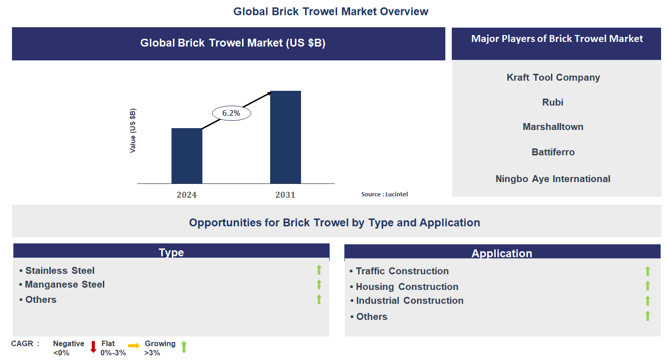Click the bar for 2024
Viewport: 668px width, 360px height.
[187, 156]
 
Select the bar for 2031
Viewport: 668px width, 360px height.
[285, 137]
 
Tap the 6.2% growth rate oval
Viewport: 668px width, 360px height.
[231, 113]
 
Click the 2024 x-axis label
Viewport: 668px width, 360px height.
[187, 195]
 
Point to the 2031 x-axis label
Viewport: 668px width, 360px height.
[285, 195]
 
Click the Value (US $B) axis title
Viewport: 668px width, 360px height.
[133, 131]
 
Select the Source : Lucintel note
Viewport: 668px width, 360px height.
[384, 195]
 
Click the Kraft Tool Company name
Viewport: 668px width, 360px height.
[553, 77]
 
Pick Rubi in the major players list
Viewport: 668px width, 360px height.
[553, 102]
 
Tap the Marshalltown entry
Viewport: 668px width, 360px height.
[553, 127]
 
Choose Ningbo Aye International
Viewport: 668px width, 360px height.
[553, 179]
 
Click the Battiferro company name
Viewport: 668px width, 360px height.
[553, 152]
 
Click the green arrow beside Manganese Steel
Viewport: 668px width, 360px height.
[319, 284]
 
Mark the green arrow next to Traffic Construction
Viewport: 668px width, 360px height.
[647, 271]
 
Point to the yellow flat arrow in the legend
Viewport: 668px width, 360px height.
[134, 346]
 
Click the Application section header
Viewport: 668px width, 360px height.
[502, 253]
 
